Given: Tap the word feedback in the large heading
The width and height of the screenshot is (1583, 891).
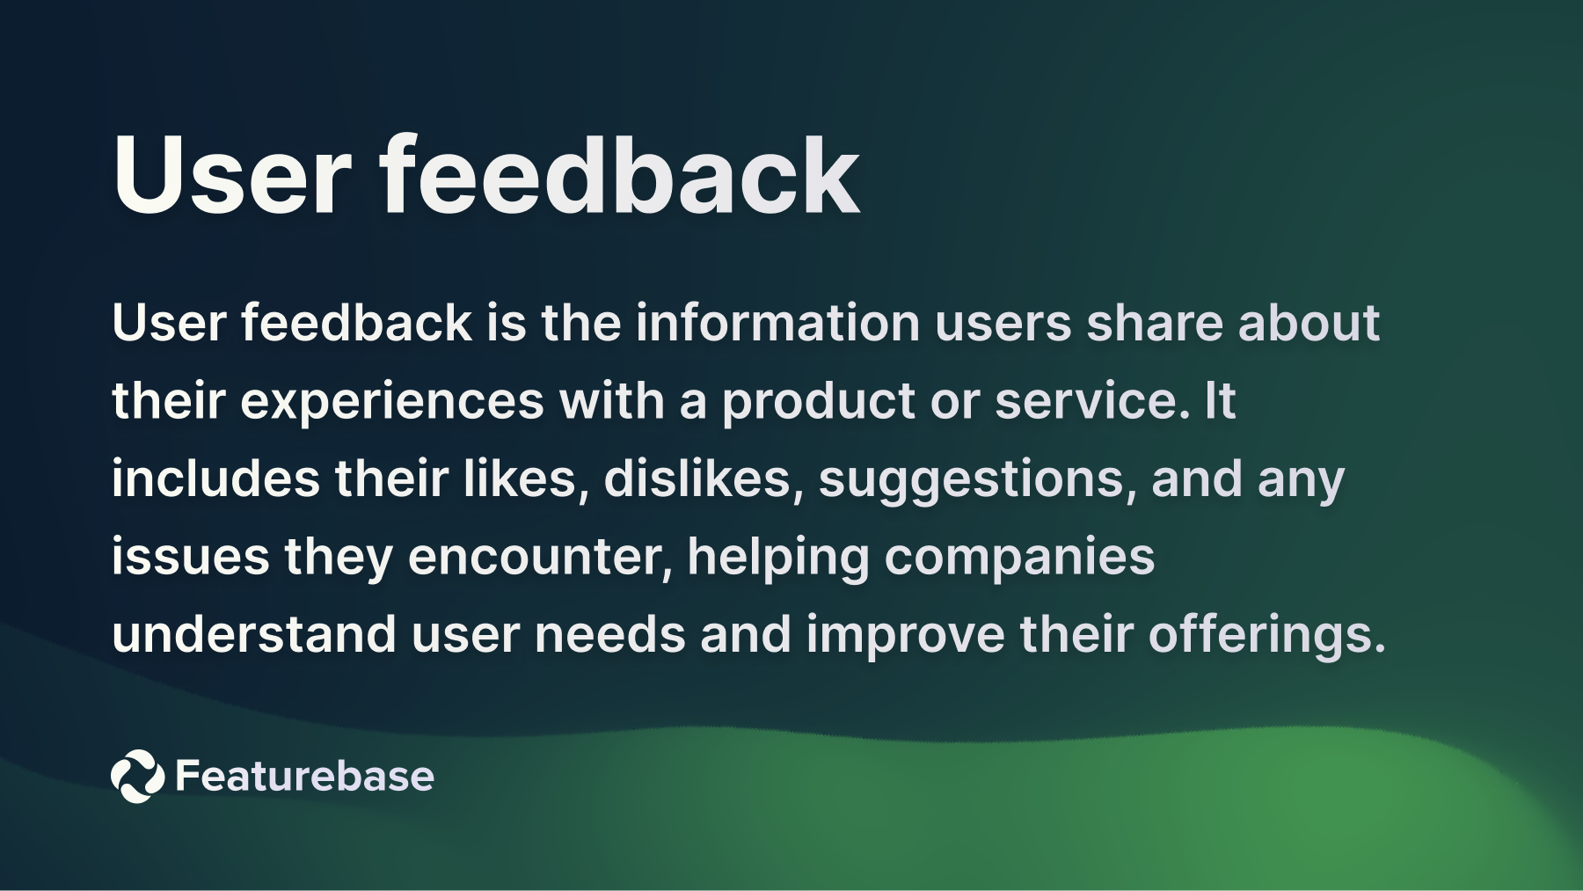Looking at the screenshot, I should pos(620,176).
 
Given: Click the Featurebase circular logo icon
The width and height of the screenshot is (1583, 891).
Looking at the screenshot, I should pos(137,776).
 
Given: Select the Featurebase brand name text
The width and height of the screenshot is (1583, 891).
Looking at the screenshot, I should pos(304,776).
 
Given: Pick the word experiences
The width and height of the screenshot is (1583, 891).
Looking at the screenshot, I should pos(392,401).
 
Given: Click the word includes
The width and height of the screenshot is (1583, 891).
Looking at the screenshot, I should pos(215,479).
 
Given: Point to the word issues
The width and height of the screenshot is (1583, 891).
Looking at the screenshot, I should pos(190,557).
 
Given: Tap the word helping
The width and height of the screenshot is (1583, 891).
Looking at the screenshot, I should pos(777,559).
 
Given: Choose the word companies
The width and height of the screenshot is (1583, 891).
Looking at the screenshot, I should pos(1019,559).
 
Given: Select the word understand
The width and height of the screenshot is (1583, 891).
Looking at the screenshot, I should pos(254,634).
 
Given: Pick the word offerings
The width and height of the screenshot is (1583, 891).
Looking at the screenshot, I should pos(1266,636).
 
